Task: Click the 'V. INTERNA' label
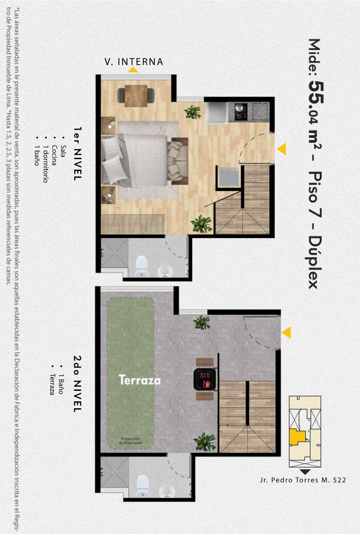tap(134, 62)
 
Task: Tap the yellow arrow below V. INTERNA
tap(133, 69)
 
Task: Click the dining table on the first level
tap(136, 96)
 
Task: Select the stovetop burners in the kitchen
tap(241, 112)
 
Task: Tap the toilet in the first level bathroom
tap(142, 266)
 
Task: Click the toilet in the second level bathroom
tap(143, 485)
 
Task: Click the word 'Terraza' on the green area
tap(140, 380)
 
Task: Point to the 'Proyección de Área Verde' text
tap(131, 441)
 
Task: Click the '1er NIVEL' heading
tap(78, 153)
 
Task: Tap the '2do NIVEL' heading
tap(78, 384)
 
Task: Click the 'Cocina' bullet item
tap(54, 155)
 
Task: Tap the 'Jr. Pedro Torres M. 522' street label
tap(303, 480)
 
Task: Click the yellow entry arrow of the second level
tap(287, 333)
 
